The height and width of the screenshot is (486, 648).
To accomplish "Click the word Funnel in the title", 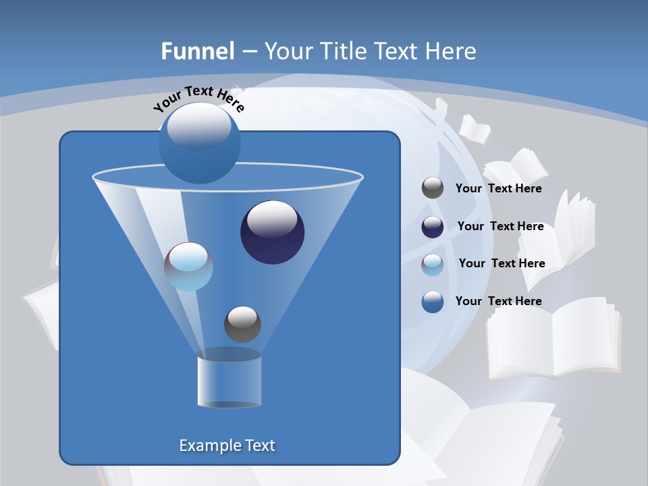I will coord(198,51).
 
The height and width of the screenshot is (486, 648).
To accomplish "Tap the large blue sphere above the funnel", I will coord(199,143).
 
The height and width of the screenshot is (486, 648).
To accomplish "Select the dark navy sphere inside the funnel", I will coord(272,232).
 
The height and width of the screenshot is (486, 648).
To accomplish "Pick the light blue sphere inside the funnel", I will coord(188,267).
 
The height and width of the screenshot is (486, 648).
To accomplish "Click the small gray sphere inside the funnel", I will coord(242,325).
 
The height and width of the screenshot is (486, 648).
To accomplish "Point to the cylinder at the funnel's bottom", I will coord(229,381).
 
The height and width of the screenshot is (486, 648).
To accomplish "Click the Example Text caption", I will coord(227,446).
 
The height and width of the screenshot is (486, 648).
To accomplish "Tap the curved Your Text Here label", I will coord(198,99).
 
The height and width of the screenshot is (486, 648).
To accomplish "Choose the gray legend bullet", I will coord(433,188).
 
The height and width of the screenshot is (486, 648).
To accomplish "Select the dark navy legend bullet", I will coord(433,227).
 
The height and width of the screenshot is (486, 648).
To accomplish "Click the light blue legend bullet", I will coord(433,265).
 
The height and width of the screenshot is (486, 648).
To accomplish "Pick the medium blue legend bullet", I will coord(433,302).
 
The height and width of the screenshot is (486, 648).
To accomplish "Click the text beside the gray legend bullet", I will coord(498,188).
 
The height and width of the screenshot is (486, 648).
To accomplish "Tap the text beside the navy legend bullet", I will coord(500,226).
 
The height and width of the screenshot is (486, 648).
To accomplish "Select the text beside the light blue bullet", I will coord(502,263).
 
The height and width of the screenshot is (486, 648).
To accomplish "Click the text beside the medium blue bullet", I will coord(498,301).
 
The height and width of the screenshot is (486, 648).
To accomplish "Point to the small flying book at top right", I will coord(475,130).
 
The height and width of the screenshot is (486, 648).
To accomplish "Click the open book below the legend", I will coord(553,337).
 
